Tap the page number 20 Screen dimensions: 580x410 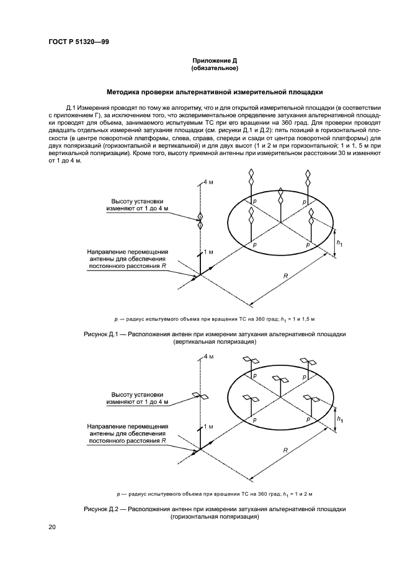point(52,527)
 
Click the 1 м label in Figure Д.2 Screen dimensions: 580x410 point(209,427)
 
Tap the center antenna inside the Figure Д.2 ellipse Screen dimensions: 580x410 point(281,380)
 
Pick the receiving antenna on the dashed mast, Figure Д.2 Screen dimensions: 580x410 point(200,396)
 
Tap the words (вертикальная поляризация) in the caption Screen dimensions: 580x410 point(215,341)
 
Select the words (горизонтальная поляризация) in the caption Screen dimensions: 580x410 point(215,517)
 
